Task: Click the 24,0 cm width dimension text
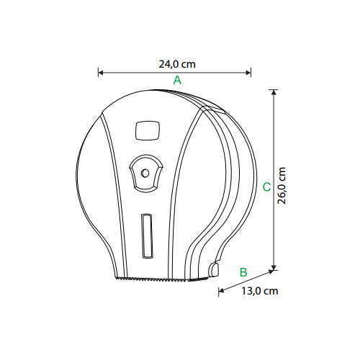click(x=177, y=64)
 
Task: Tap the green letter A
click(x=177, y=80)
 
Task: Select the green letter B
click(x=243, y=272)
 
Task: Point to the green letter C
click(x=266, y=187)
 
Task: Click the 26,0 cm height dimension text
click(x=282, y=186)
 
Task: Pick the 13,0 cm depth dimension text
click(x=260, y=291)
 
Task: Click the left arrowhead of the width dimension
click(x=101, y=73)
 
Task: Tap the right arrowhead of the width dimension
click(x=248, y=73)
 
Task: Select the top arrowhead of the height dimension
click(x=274, y=92)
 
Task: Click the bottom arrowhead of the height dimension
click(x=274, y=267)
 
